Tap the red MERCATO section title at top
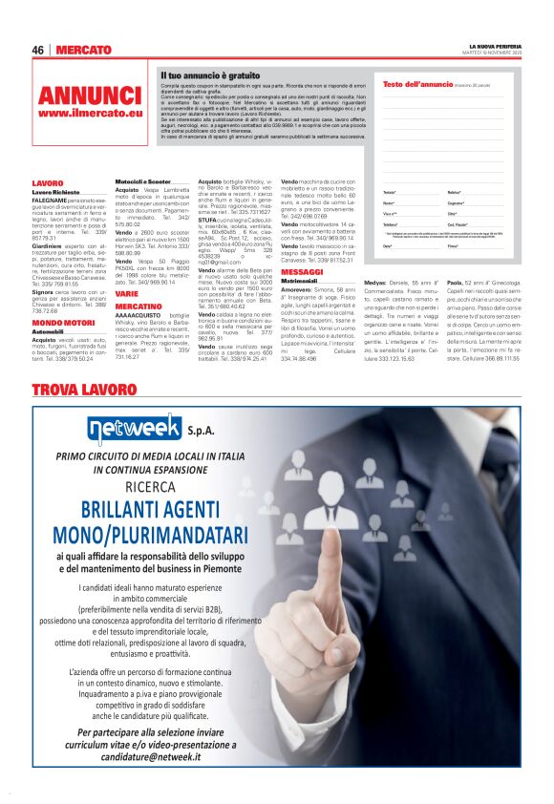(84, 50)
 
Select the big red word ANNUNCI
(90, 95)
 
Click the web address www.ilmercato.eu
(90, 113)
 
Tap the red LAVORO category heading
(48, 182)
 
